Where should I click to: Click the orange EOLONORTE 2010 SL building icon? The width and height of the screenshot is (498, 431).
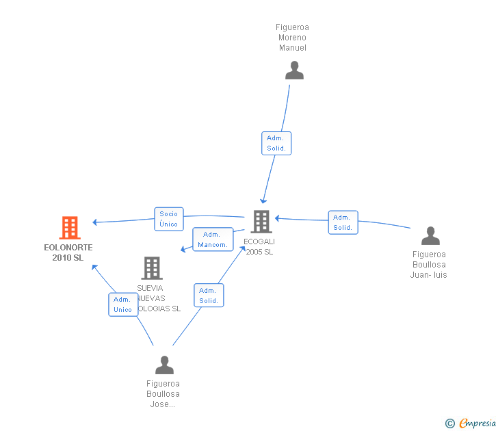tap(69, 228)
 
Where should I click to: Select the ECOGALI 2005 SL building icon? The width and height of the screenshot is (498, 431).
tap(261, 222)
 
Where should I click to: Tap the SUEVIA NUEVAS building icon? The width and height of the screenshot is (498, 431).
tap(152, 268)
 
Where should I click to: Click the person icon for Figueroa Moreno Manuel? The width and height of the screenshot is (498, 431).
tap(294, 70)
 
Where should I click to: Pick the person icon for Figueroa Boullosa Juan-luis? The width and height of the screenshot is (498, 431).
tap(430, 236)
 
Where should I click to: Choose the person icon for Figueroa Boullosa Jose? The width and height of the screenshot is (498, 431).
tap(164, 365)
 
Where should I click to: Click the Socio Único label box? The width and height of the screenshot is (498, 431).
tap(168, 219)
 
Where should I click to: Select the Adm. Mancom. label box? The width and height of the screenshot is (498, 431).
tap(212, 239)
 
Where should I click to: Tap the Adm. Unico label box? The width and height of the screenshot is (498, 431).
tap(122, 304)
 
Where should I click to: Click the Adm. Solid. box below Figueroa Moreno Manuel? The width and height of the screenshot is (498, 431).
tap(276, 143)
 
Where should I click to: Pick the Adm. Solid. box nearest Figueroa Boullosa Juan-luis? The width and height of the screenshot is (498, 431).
tap(343, 222)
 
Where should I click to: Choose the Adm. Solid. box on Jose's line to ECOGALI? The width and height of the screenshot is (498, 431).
tap(209, 296)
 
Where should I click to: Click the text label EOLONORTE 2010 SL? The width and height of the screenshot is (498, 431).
tap(68, 252)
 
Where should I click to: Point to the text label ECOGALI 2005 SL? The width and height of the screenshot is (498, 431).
tap(259, 246)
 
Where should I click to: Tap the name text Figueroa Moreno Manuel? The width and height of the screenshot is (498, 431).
tap(292, 38)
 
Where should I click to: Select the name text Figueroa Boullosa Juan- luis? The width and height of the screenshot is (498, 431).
tap(429, 265)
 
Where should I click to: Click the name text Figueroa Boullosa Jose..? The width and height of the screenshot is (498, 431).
tap(163, 394)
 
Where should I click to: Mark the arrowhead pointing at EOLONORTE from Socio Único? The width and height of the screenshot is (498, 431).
tap(95, 222)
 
